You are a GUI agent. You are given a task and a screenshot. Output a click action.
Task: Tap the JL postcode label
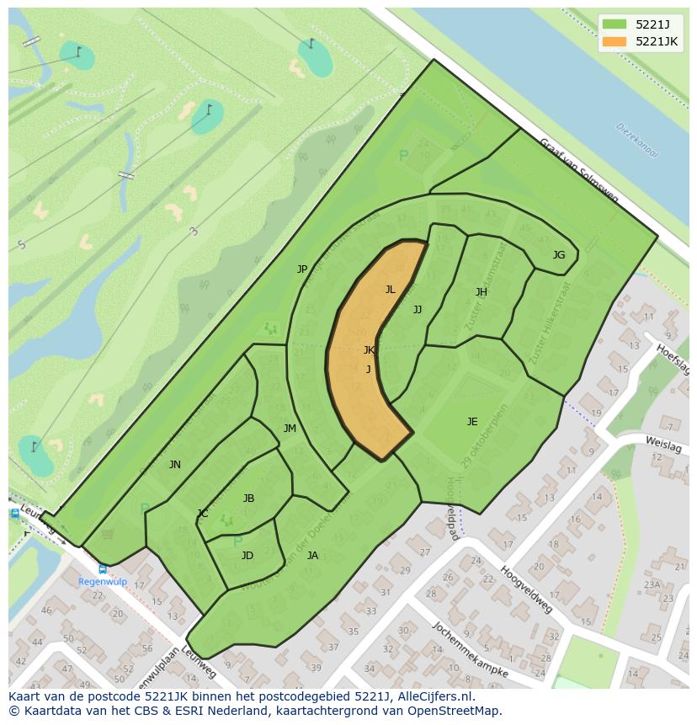tap(390, 290)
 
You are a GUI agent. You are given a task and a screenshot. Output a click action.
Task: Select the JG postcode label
tap(559, 255)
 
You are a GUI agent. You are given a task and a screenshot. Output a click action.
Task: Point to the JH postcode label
tap(482, 292)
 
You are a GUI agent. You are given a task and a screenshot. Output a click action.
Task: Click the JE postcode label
tap(472, 422)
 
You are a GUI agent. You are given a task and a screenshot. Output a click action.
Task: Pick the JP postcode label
tap(302, 269)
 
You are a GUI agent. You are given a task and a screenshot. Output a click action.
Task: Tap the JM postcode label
tap(290, 429)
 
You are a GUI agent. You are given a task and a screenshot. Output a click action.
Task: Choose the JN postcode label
tap(174, 465)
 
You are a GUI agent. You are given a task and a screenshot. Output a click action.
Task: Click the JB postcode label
tap(248, 498)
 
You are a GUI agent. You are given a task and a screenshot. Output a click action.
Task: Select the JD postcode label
tap(247, 556)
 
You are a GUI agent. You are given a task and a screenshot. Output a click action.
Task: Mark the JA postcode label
tap(312, 556)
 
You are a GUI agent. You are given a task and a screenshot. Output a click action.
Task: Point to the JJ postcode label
tap(418, 310)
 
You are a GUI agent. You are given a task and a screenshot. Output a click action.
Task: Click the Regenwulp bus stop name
tap(102, 582)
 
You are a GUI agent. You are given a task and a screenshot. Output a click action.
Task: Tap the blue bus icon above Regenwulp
tap(103, 569)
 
